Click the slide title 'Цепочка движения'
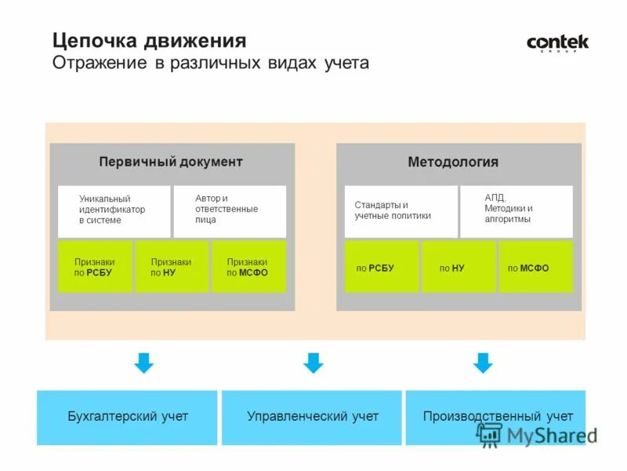click(150, 40)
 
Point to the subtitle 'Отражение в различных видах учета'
click(210, 62)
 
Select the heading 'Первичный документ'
click(171, 162)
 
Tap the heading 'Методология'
click(453, 162)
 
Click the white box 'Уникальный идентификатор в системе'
click(114, 210)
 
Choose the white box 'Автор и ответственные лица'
click(229, 210)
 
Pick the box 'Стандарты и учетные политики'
click(400, 210)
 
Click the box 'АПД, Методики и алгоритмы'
click(516, 210)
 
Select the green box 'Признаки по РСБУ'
click(94, 267)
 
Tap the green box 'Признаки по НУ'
click(171, 267)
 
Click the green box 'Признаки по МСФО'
click(248, 267)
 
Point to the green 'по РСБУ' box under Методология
click(381, 267)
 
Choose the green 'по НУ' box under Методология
click(458, 267)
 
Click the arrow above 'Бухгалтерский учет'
click(143, 363)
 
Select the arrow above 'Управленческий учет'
click(313, 363)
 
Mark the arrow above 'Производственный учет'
click(483, 363)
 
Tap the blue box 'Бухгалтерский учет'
click(128, 417)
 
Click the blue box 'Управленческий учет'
click(312, 417)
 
